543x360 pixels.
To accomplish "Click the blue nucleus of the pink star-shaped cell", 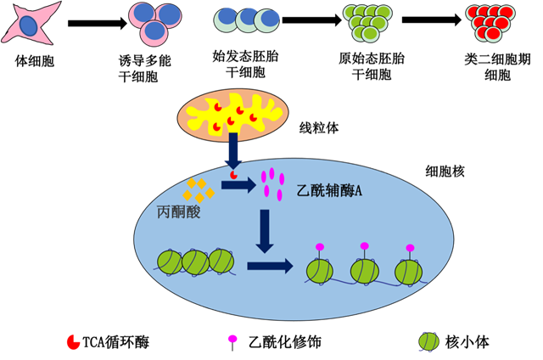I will click(30, 26).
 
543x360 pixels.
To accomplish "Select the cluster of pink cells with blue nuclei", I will click(154, 21).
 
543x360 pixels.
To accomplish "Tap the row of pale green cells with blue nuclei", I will click(247, 20).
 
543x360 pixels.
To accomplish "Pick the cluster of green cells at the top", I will click(367, 21).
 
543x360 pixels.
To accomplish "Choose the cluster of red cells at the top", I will click(490, 21).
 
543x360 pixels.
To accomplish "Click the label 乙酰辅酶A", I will click(330, 192).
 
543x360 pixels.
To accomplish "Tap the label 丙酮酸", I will click(179, 211).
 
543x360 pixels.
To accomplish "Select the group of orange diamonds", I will click(199, 189).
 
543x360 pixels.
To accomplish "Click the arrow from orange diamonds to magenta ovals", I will click(238, 184).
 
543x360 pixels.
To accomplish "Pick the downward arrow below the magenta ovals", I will click(265, 230).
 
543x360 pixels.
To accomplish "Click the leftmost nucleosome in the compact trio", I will click(170, 262).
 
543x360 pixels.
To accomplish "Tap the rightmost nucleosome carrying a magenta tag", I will click(409, 270).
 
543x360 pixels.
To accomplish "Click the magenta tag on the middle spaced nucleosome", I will click(364, 246).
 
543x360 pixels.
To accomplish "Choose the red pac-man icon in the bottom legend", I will click(74, 341).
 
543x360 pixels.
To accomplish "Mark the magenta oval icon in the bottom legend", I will click(232, 339).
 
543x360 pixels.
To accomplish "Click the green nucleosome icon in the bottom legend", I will click(429, 341).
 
